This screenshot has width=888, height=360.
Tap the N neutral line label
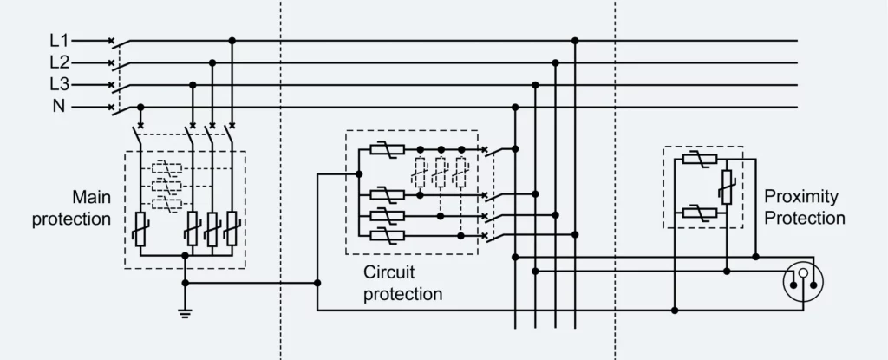click(59, 108)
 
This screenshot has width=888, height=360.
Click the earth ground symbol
click(184, 312)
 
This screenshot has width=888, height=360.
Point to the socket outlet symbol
click(802, 279)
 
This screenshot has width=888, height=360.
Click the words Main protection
click(72, 208)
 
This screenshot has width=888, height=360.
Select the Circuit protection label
click(402, 284)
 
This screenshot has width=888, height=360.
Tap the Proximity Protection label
click(805, 208)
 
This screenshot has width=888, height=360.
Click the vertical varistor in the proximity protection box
click(727, 186)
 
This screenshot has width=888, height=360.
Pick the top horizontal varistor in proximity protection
click(698, 158)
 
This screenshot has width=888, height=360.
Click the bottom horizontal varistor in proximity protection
click(698, 213)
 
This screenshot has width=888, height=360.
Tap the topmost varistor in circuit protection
click(382, 150)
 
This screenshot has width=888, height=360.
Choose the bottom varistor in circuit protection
click(382, 234)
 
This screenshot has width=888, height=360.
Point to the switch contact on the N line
click(120, 108)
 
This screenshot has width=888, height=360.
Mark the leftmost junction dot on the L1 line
click(232, 40)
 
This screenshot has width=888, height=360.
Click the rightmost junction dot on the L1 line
click(575, 40)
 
